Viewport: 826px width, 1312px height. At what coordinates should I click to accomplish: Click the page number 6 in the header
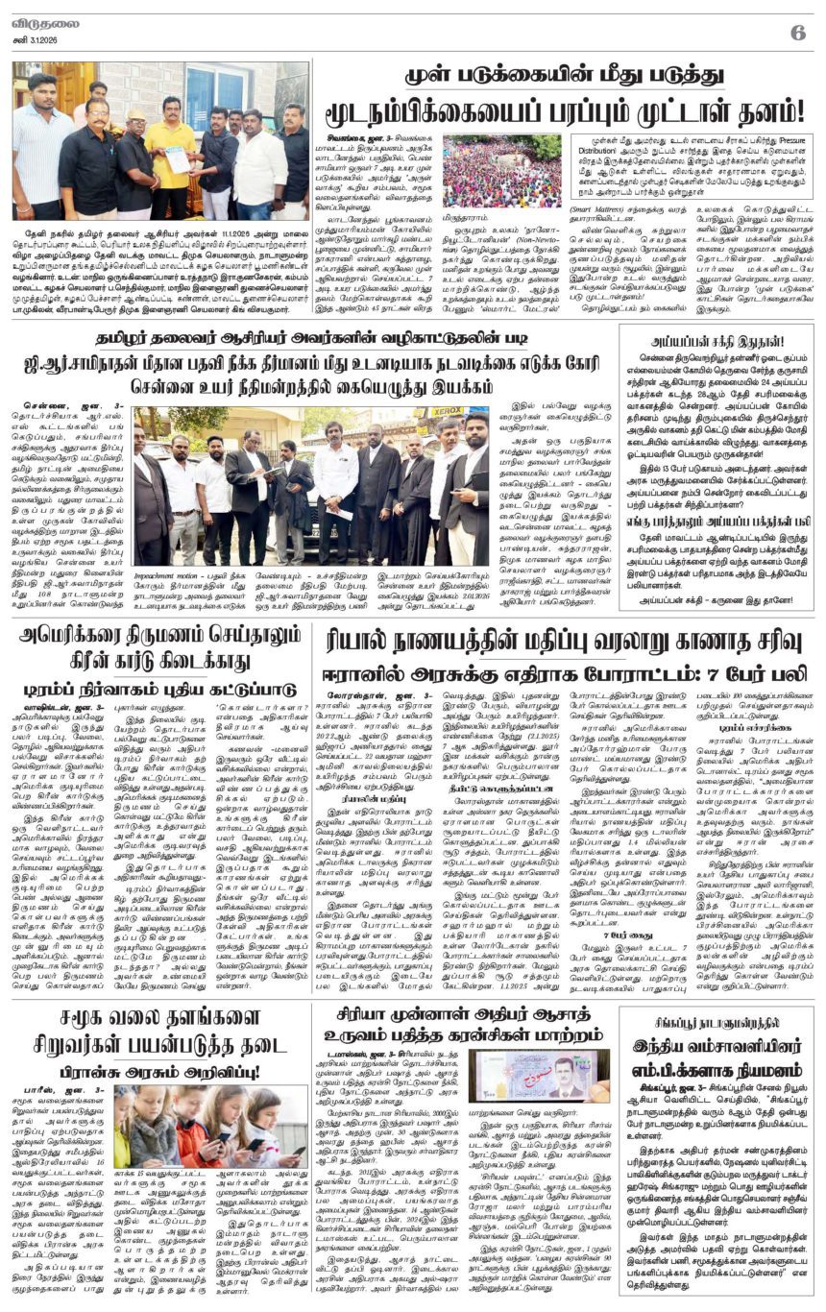[x=796, y=32]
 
